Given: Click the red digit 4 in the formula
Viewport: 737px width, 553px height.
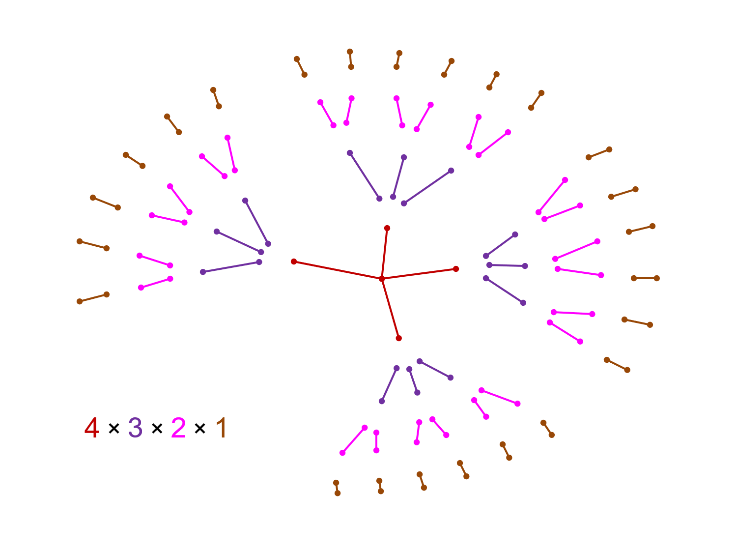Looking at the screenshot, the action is coord(92,428).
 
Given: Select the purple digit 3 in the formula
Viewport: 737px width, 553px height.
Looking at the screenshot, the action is coord(135,428).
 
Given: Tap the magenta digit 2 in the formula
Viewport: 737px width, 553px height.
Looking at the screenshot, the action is coord(178,428).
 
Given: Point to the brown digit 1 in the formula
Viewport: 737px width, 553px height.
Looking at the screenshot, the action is coord(221,428).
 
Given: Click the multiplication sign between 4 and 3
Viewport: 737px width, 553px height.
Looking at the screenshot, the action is coord(113,429).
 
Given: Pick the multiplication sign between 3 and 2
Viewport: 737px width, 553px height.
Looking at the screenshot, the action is coord(157,429).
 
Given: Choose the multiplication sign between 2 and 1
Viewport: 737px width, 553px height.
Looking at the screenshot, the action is coord(199,429).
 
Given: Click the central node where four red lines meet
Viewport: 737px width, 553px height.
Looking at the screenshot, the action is coord(382,279).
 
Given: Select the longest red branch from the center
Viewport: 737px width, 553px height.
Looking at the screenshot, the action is coord(338,270).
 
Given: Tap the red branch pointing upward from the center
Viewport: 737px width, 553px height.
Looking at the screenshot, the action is coord(385,253).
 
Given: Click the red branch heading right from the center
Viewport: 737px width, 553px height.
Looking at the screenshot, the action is coord(419,274).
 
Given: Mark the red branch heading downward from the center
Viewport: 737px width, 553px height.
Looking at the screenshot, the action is coord(390,308).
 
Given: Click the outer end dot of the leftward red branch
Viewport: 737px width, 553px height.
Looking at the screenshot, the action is coord(294,262).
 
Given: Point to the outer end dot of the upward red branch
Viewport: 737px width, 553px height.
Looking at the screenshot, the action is coord(387,228).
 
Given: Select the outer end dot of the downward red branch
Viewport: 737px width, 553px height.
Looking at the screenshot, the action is coord(398,338).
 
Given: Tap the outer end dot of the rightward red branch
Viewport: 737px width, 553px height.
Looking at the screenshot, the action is coord(456,269).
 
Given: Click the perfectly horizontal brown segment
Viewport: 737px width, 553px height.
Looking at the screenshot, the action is coord(645,278).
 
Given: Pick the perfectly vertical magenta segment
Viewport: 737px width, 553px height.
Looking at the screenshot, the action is coord(376,441).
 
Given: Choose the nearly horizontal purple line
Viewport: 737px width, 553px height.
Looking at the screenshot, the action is coord(507,265).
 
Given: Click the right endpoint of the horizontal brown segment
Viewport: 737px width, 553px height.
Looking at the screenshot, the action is coord(657,278).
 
